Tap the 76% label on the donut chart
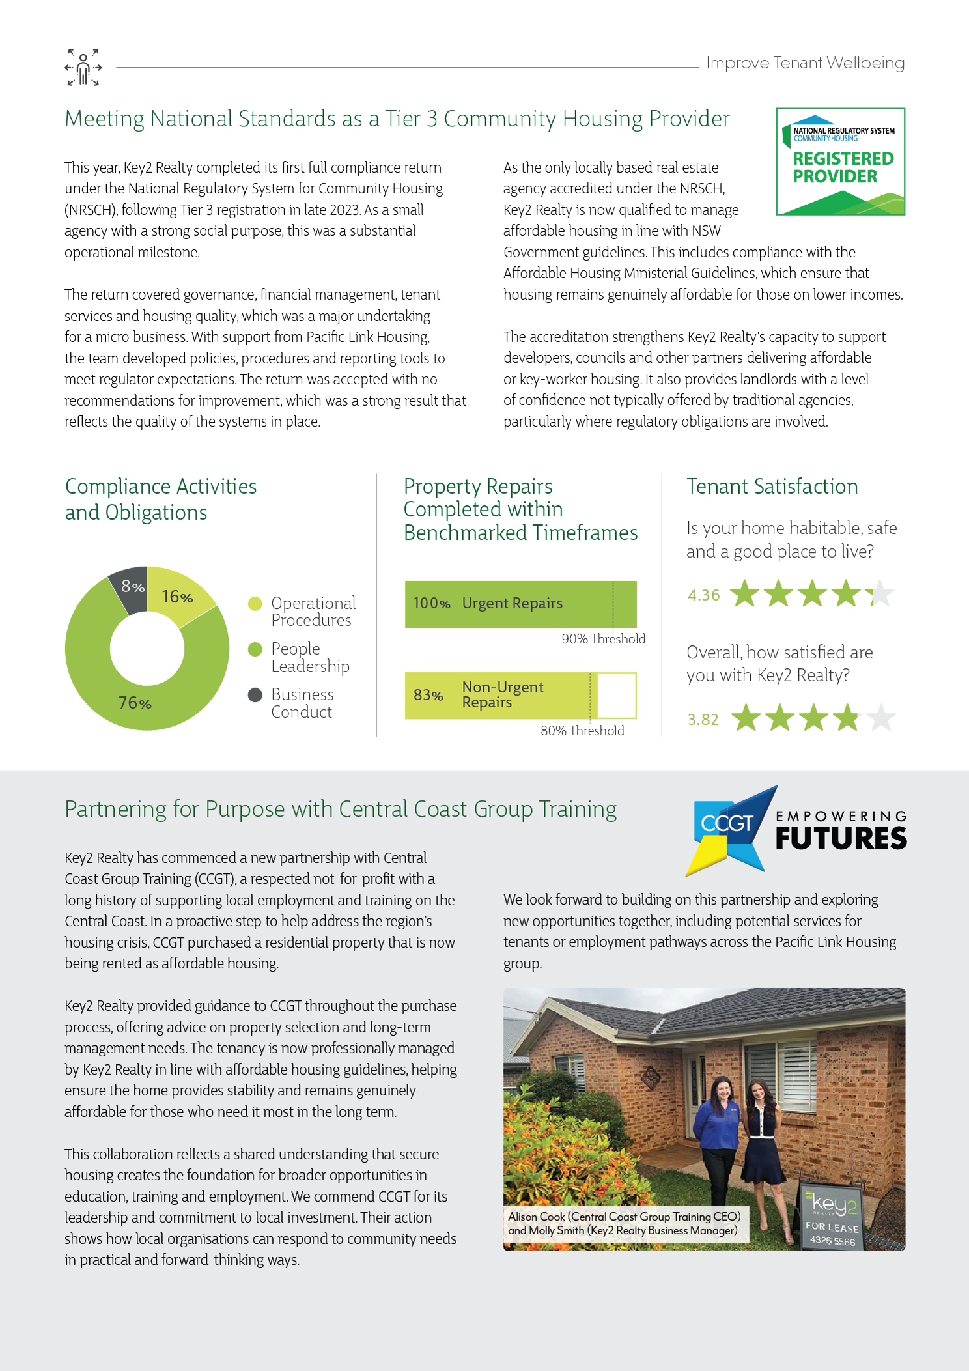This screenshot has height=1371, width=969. (x=135, y=703)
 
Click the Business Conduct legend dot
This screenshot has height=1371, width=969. (x=255, y=695)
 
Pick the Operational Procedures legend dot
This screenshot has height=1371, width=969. (x=255, y=604)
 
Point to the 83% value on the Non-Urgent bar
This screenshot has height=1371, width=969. (x=428, y=696)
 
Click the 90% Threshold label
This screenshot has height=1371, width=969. (x=603, y=639)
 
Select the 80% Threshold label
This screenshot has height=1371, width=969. (x=582, y=731)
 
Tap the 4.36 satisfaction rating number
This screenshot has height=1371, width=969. (x=703, y=595)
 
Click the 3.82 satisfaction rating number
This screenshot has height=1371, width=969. (x=703, y=720)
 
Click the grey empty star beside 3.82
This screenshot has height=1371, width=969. (x=882, y=718)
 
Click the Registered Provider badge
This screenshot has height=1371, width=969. (x=840, y=162)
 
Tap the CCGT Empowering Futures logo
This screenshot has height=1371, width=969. (x=796, y=830)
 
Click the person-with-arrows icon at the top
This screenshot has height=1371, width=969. (x=83, y=67)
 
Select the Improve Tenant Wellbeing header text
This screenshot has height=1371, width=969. (x=805, y=63)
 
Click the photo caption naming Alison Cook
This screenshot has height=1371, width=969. (x=625, y=1223)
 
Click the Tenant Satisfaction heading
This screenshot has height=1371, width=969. (x=772, y=487)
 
